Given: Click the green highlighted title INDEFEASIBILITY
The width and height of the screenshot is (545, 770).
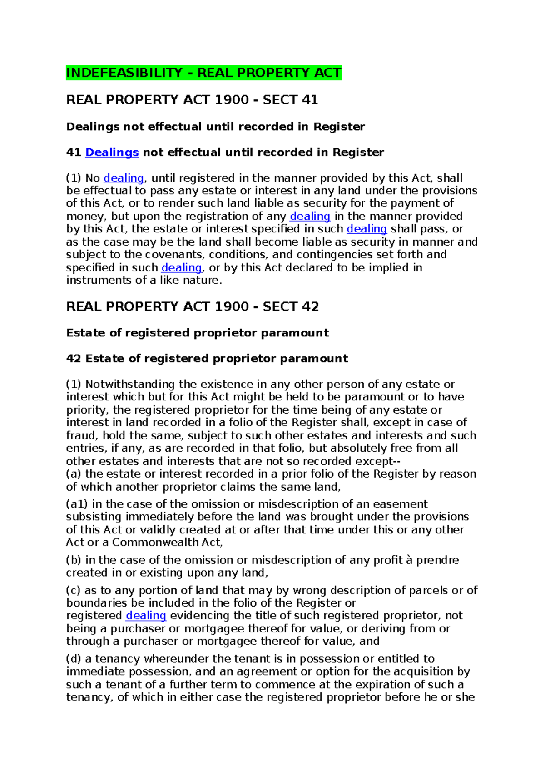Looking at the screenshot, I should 203,73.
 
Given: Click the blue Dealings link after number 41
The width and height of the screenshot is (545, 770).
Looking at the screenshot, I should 112,152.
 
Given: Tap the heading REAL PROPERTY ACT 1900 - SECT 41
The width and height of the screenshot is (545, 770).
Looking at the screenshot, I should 192,99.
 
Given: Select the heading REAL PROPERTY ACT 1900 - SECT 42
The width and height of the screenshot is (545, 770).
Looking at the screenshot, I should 192,306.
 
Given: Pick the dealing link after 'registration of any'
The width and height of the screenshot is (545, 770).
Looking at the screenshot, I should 310,216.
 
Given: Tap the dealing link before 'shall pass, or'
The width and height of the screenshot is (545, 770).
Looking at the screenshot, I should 367,229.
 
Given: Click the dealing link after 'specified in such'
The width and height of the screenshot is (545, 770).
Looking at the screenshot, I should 181,267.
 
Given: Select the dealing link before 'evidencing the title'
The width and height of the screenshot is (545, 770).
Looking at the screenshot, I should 146,616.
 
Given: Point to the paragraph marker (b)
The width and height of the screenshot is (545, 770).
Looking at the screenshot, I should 74,560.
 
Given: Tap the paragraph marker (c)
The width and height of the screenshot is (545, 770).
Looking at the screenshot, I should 74,590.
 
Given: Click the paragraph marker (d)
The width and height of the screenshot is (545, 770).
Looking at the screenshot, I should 74,659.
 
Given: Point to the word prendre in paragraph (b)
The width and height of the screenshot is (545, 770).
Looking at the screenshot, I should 437,560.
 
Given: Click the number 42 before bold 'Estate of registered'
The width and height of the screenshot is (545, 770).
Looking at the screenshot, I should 74,358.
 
